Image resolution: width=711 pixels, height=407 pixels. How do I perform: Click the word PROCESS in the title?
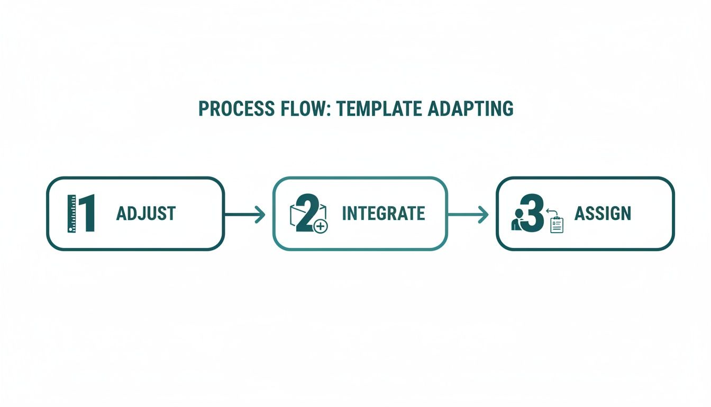click(236, 109)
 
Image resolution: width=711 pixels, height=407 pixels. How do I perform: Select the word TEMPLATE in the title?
click(379, 109)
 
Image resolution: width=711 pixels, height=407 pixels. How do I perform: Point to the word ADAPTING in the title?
click(470, 109)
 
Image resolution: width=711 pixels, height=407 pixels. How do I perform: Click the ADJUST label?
click(146, 214)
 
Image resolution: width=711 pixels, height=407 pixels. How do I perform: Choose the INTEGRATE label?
click(384, 214)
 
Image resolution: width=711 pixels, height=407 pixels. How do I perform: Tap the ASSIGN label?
click(603, 214)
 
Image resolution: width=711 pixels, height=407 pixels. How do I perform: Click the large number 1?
click(87, 213)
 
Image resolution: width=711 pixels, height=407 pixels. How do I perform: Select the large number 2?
click(307, 213)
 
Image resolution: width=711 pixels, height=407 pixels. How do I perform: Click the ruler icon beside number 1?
click(72, 214)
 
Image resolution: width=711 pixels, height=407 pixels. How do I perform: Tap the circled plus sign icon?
click(321, 226)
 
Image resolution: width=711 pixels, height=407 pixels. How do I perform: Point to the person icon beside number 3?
click(517, 219)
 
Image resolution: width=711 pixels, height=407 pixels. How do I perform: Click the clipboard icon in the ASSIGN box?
click(557, 225)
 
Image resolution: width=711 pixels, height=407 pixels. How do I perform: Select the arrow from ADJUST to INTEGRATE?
click(245, 215)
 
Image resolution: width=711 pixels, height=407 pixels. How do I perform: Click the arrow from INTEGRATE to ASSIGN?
click(468, 215)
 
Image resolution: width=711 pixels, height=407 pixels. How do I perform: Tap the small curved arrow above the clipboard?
click(552, 212)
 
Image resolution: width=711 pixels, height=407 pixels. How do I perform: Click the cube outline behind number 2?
click(308, 215)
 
